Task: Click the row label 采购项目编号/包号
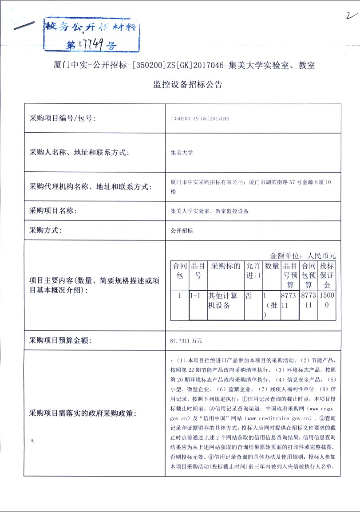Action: [x=62, y=118]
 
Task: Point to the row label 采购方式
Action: [x=45, y=230]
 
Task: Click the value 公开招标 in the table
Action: [x=182, y=231]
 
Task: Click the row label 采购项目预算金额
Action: [x=60, y=341]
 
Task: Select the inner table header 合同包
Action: [x=180, y=271]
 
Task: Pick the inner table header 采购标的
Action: [x=225, y=266]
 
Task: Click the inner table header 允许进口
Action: [x=253, y=271]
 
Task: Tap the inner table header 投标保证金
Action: [x=327, y=275]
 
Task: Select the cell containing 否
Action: [x=249, y=295]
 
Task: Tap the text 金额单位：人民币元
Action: [x=303, y=256]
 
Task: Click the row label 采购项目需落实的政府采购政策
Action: [x=83, y=413]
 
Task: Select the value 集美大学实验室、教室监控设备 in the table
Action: [x=210, y=211]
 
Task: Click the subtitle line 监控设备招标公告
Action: [x=188, y=85]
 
